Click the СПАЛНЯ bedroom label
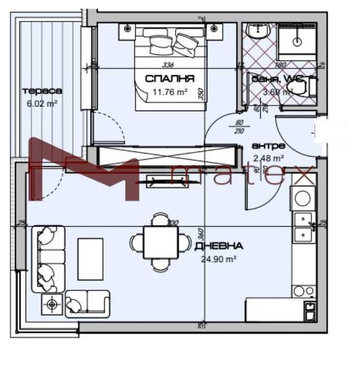pos(169,79)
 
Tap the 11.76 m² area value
pos(170,92)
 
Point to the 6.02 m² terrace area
pos(43,104)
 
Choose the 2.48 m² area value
pos(268,157)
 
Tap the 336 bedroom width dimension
pos(168,65)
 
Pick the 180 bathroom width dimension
pos(281,65)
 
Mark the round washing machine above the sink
pos(303,198)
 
